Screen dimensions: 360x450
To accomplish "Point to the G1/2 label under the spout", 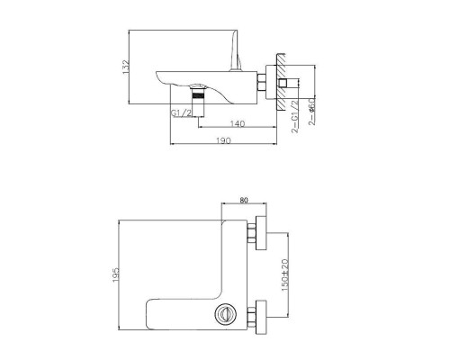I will click(x=181, y=112).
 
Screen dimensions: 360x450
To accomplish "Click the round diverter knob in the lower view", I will click(x=225, y=315).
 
